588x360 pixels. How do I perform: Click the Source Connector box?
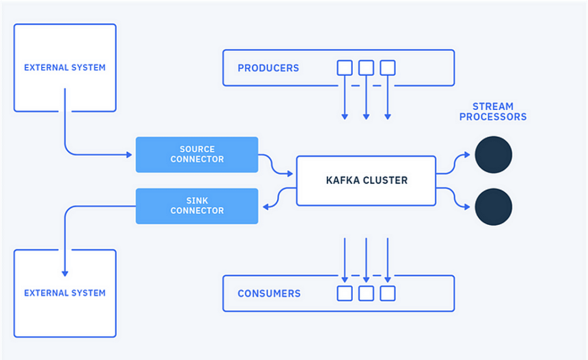(196, 154)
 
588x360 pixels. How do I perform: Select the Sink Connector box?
(196, 206)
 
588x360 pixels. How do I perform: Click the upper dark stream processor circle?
(493, 154)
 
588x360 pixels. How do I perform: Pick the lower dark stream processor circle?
(493, 207)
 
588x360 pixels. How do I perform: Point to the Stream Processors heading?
(499, 111)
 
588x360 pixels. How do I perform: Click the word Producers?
(268, 68)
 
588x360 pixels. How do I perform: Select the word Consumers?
(269, 293)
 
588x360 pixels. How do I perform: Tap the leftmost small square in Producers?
(344, 68)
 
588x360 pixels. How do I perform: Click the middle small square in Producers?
(366, 68)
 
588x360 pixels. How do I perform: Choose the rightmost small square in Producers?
(388, 68)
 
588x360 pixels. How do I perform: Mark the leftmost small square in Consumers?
(344, 293)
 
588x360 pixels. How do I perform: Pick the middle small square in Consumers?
(366, 293)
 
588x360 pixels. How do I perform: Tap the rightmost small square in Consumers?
(388, 293)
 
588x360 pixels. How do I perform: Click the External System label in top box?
(65, 67)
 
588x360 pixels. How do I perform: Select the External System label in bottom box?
(65, 293)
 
